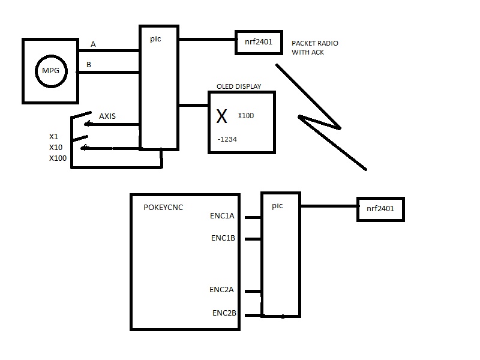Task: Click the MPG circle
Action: pyautogui.click(x=50, y=71)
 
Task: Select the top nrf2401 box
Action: pyautogui.click(x=258, y=42)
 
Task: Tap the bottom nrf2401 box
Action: pyautogui.click(x=380, y=209)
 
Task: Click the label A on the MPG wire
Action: pyautogui.click(x=93, y=44)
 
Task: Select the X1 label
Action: pyautogui.click(x=54, y=136)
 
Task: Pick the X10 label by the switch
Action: pyautogui.click(x=56, y=147)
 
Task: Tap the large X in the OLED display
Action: pyautogui.click(x=222, y=117)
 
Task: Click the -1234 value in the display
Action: pyautogui.click(x=229, y=139)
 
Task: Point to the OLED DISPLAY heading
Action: pyautogui.click(x=239, y=86)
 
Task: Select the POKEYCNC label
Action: pyautogui.click(x=164, y=208)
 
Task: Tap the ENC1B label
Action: pyautogui.click(x=223, y=238)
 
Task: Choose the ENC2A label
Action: pyautogui.click(x=221, y=290)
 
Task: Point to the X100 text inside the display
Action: pyautogui.click(x=246, y=115)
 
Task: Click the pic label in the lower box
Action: pyautogui.click(x=277, y=206)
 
